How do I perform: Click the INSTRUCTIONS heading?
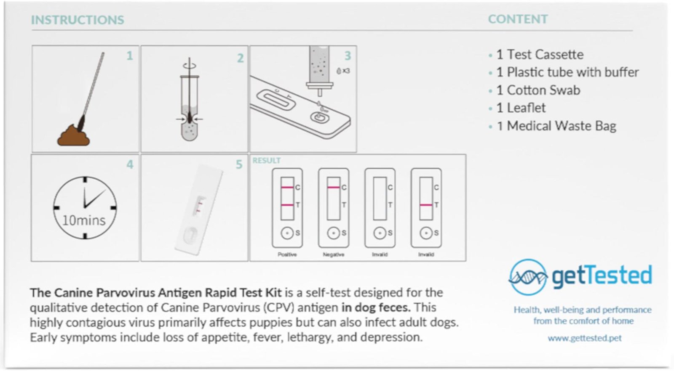point(78,20)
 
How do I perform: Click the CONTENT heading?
point(518,19)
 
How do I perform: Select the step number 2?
point(240,58)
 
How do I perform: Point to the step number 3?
point(348,56)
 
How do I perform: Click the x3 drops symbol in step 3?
point(343,71)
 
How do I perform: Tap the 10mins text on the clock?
point(84,220)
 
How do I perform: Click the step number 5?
point(239,164)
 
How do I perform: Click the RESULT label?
point(267,160)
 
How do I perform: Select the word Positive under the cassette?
point(287,254)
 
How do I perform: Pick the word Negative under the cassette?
point(333,254)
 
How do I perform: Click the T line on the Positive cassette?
point(287,205)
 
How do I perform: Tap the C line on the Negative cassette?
point(334,187)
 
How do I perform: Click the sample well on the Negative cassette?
point(333,233)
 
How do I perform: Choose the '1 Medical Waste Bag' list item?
point(556,126)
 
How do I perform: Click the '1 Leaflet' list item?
point(521,108)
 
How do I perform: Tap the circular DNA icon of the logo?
point(528,277)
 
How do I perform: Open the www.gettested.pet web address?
point(584,338)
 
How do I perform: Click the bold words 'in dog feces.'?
point(376,307)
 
